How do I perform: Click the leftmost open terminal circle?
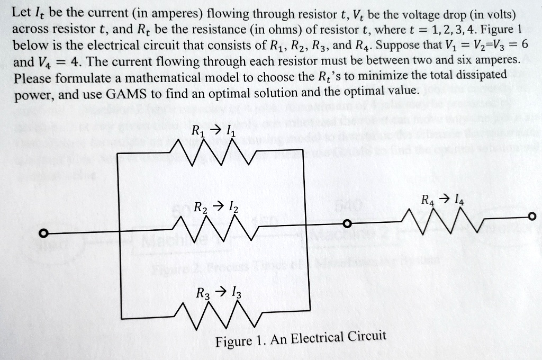click(46, 233)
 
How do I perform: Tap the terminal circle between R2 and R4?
click(347, 225)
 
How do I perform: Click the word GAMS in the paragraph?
click(125, 94)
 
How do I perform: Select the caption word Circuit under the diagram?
click(367, 337)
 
